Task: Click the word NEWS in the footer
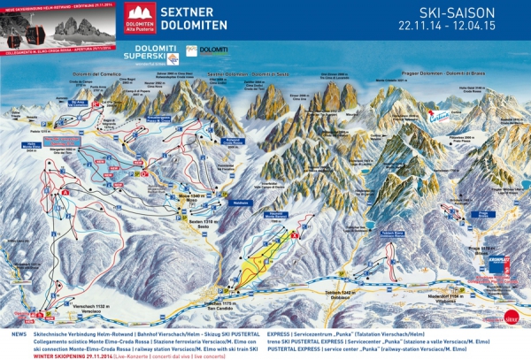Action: [x=19, y=335]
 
